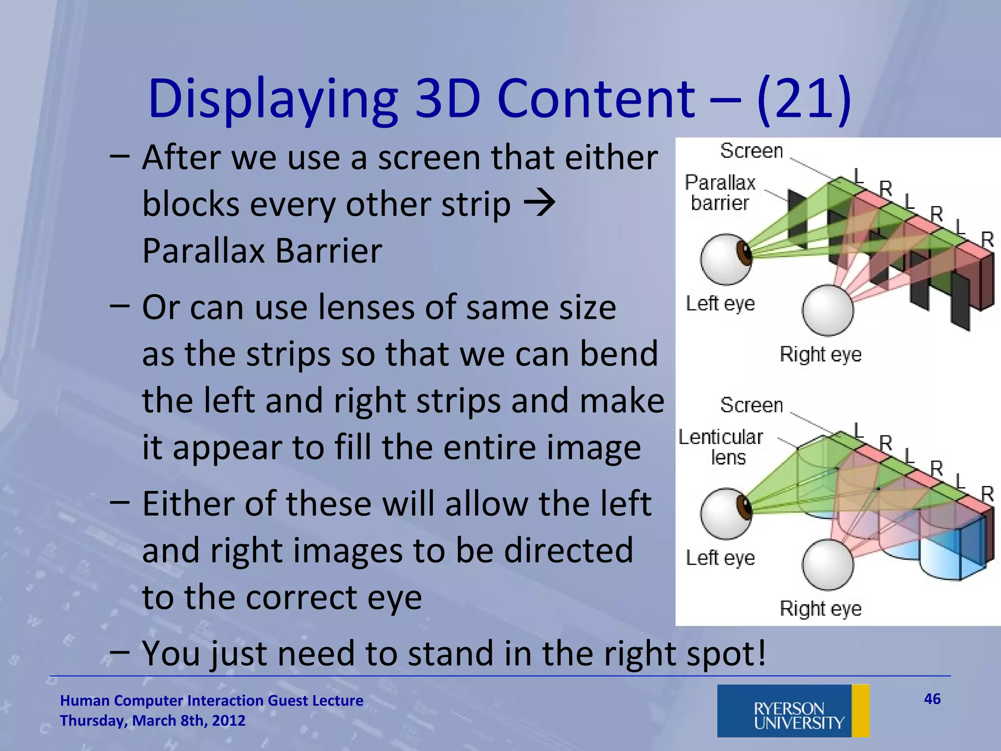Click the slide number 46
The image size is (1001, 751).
932,699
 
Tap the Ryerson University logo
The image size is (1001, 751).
793,711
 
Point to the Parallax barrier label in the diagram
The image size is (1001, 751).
719,193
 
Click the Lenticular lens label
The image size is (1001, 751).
721,447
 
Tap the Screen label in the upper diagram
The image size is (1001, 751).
751,151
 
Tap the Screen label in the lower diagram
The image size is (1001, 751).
751,405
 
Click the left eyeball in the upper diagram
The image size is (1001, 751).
724,260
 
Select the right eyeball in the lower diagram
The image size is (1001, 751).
827,565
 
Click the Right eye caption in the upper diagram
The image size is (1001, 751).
820,354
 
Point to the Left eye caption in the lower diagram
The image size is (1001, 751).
720,557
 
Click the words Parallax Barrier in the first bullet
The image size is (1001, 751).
262,251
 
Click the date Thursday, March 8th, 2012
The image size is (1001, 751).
152,721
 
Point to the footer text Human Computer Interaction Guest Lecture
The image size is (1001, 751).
211,700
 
